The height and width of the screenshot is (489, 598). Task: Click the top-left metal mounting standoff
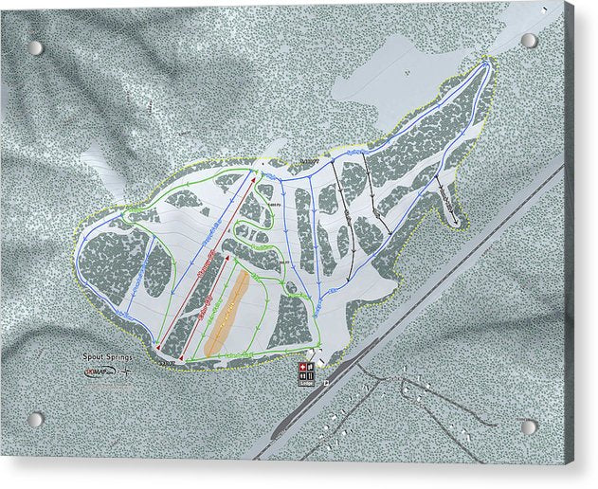pos(35,47)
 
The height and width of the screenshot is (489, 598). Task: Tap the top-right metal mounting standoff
pos(529,41)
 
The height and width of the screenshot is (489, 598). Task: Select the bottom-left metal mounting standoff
pos(36,418)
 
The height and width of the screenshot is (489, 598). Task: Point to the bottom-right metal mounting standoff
pos(529,426)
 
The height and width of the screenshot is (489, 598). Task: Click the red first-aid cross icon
pos(303,367)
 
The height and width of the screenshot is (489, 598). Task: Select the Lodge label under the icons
pos(305,383)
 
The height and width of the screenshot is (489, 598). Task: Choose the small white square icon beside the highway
pos(326,383)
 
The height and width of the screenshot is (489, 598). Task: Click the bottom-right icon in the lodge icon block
pos(309,375)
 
